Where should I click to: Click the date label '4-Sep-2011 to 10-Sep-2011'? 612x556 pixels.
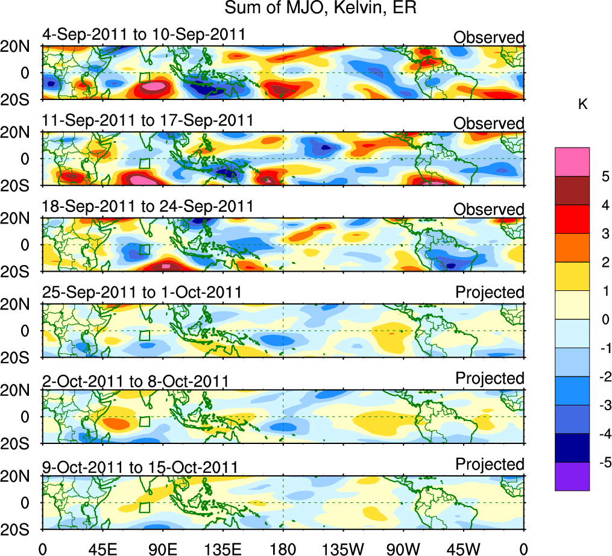coord(144,34)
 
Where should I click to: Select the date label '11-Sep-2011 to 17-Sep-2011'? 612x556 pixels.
coord(148,120)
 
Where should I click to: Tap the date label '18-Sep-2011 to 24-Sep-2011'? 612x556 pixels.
coord(148,205)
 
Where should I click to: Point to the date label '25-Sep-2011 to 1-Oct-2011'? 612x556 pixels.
coord(142,292)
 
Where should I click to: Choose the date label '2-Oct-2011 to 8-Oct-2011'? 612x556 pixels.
coord(135,381)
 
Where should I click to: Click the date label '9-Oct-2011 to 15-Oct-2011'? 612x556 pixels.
coord(139,467)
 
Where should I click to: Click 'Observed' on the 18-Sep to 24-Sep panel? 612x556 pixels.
coord(488,209)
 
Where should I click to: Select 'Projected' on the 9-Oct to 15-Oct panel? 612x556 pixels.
coord(490,464)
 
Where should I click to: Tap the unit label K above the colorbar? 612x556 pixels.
coord(582,104)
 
